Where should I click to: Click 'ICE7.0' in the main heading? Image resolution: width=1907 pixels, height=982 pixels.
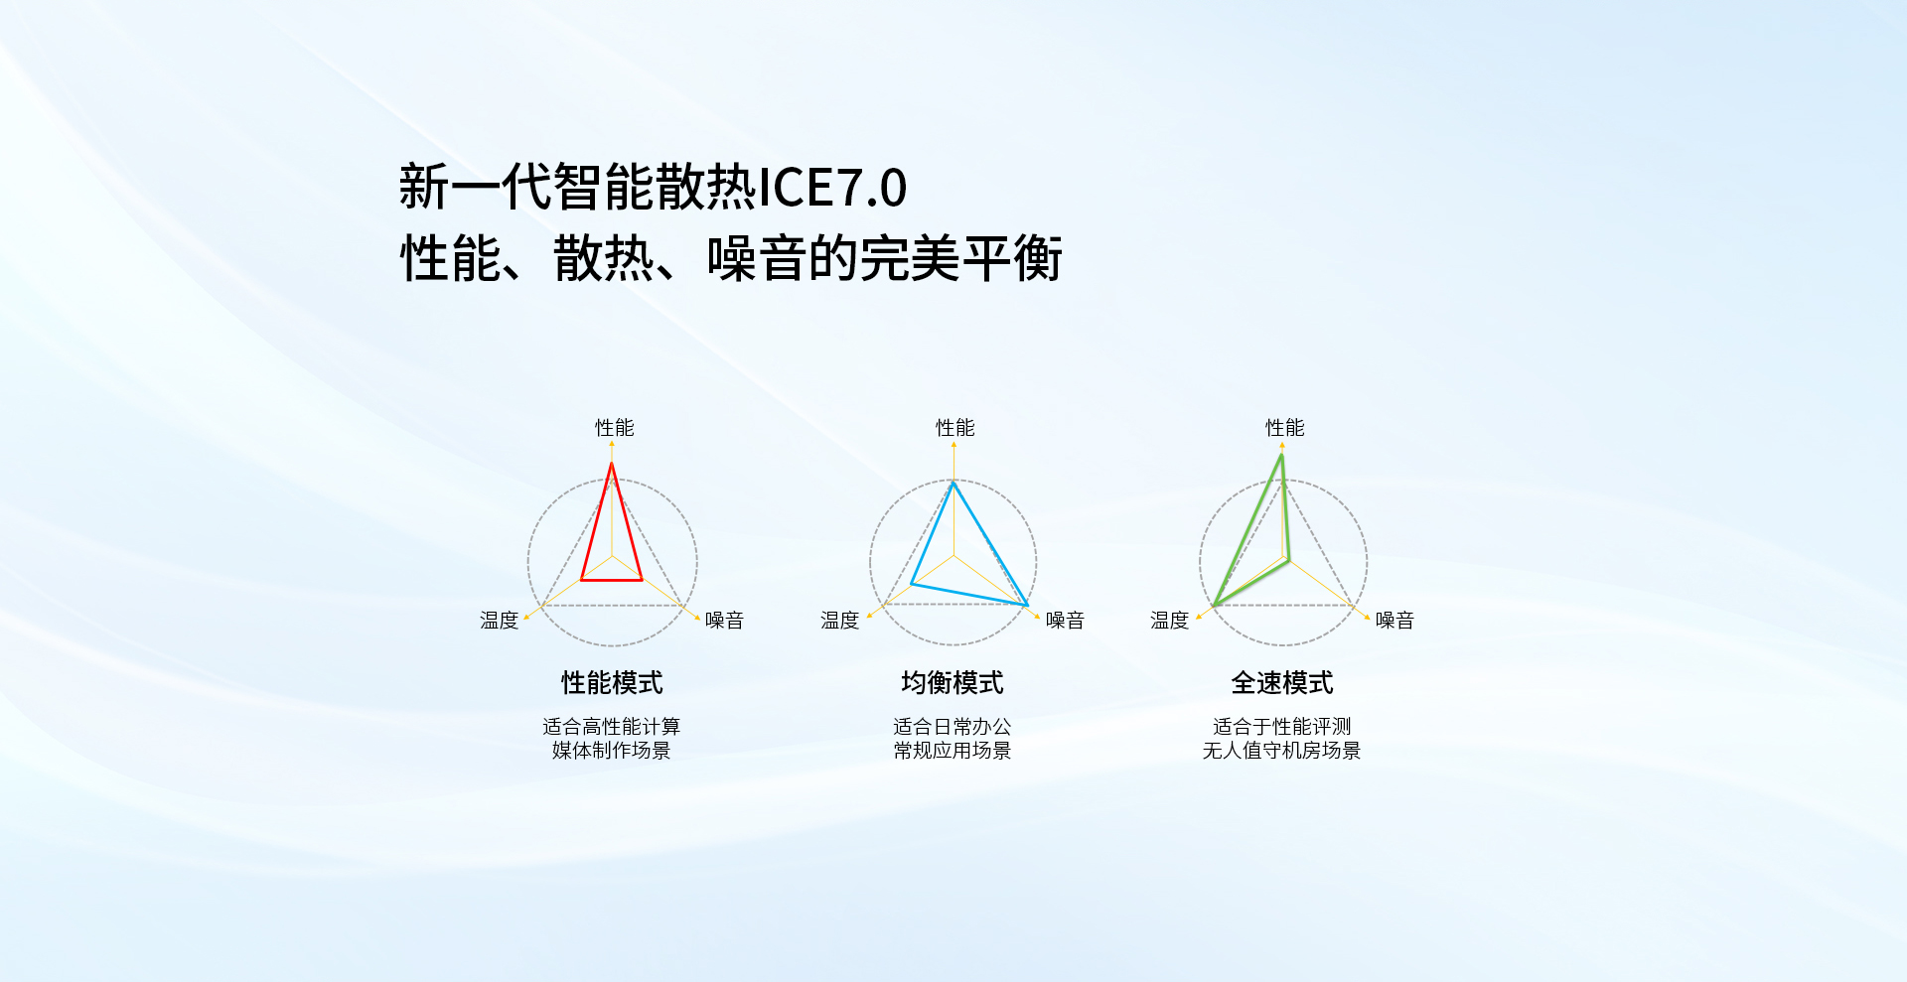click(x=832, y=188)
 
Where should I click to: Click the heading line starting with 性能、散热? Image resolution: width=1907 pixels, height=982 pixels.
click(x=731, y=259)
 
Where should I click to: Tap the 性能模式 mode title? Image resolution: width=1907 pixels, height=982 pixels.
click(x=612, y=683)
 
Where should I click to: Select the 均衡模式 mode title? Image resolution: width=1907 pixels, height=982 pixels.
click(x=953, y=683)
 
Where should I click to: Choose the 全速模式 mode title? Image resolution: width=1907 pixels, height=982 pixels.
click(x=1282, y=683)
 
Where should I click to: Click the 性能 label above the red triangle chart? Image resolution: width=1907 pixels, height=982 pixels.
click(x=615, y=428)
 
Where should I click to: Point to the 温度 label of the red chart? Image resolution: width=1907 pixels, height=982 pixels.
click(x=500, y=621)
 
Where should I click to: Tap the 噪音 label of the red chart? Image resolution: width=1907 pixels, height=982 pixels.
click(x=725, y=621)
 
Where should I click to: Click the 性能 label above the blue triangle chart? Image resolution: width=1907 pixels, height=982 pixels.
click(x=955, y=428)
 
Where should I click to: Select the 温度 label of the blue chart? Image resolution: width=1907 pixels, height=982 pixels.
click(x=840, y=621)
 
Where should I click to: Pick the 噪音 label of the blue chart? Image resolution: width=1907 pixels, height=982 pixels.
click(x=1066, y=621)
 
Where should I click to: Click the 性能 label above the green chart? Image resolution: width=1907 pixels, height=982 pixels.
click(x=1285, y=428)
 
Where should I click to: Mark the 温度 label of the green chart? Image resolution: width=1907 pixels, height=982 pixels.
click(x=1170, y=621)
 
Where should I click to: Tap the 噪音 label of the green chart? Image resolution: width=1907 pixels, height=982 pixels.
click(x=1395, y=621)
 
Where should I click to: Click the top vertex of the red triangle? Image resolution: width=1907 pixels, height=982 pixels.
click(x=612, y=464)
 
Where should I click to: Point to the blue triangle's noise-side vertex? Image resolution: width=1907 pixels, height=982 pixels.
click(x=1027, y=605)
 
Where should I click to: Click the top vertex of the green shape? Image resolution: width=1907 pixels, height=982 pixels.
click(x=1282, y=454)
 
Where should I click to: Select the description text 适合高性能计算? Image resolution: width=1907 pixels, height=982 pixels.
click(x=612, y=727)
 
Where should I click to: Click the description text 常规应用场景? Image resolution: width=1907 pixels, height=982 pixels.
click(x=953, y=751)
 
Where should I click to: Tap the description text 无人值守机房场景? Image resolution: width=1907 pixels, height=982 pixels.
click(x=1282, y=751)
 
